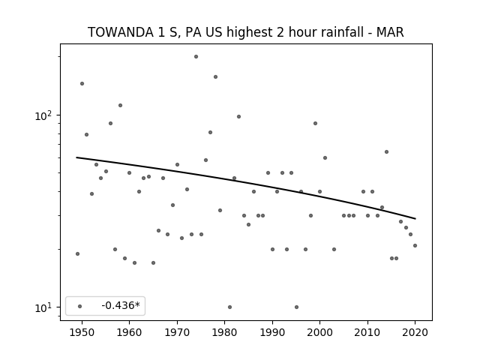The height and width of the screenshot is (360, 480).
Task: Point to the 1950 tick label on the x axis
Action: click(82, 332)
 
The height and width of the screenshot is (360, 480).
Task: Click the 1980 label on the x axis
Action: click(224, 332)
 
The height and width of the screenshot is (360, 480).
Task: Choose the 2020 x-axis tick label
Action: click(415, 332)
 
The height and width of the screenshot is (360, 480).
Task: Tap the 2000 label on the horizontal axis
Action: click(320, 332)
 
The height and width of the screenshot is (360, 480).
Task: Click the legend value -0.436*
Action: click(121, 305)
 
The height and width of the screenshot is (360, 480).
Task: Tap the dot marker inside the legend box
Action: click(80, 306)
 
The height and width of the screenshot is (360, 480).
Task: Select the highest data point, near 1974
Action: click(196, 57)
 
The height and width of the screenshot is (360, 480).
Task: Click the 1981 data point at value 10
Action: click(230, 307)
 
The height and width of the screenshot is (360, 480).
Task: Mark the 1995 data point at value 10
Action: click(296, 307)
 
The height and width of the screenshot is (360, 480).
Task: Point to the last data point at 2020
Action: click(415, 245)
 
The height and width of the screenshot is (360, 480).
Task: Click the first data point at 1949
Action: click(77, 253)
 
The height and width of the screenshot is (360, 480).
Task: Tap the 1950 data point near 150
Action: click(82, 83)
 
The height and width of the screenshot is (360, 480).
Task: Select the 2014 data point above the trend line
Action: click(387, 151)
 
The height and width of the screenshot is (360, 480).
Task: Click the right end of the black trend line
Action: click(415, 218)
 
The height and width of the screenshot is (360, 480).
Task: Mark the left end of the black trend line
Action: click(76, 157)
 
